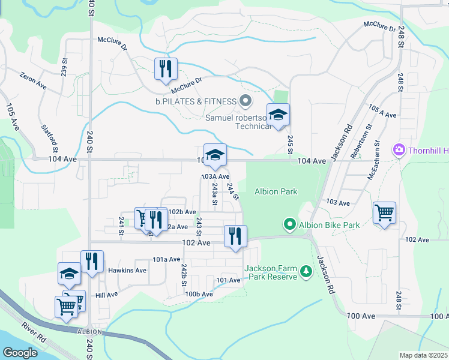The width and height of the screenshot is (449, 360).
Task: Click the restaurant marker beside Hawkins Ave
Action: (x=92, y=262)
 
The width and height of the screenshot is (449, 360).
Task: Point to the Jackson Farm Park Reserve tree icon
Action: (x=307, y=272)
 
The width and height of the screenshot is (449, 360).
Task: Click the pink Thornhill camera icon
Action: (x=397, y=149)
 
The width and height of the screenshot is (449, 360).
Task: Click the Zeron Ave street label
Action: (x=33, y=81)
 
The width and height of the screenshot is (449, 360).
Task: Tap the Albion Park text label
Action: (x=276, y=192)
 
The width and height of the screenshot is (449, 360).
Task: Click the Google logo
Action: (x=20, y=353)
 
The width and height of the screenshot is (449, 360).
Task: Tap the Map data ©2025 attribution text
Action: (x=423, y=355)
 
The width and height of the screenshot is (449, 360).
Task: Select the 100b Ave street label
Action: (x=199, y=294)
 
